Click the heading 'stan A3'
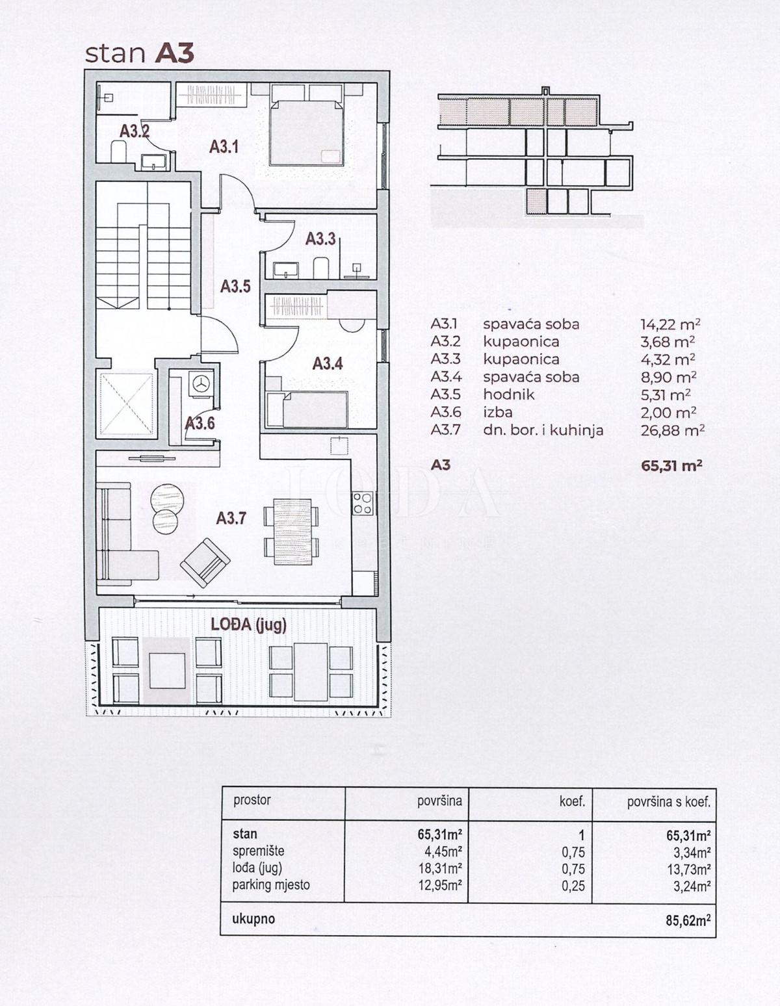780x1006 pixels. [140, 53]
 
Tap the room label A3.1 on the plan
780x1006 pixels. [224, 147]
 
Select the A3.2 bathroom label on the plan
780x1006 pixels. [134, 131]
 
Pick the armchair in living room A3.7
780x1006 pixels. [204, 562]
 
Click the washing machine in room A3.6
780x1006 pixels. [200, 383]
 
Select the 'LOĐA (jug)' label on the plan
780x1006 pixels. [248, 625]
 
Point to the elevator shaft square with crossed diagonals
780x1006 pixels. [126, 403]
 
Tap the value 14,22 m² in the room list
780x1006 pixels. [670, 324]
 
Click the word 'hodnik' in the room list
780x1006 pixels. [508, 394]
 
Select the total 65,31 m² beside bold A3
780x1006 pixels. [671, 465]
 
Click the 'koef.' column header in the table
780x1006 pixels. [571, 802]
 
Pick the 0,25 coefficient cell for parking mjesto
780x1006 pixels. [573, 885]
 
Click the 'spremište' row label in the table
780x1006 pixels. [258, 851]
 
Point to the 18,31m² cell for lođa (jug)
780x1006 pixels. [439, 868]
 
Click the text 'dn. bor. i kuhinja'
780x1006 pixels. [543, 430]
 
